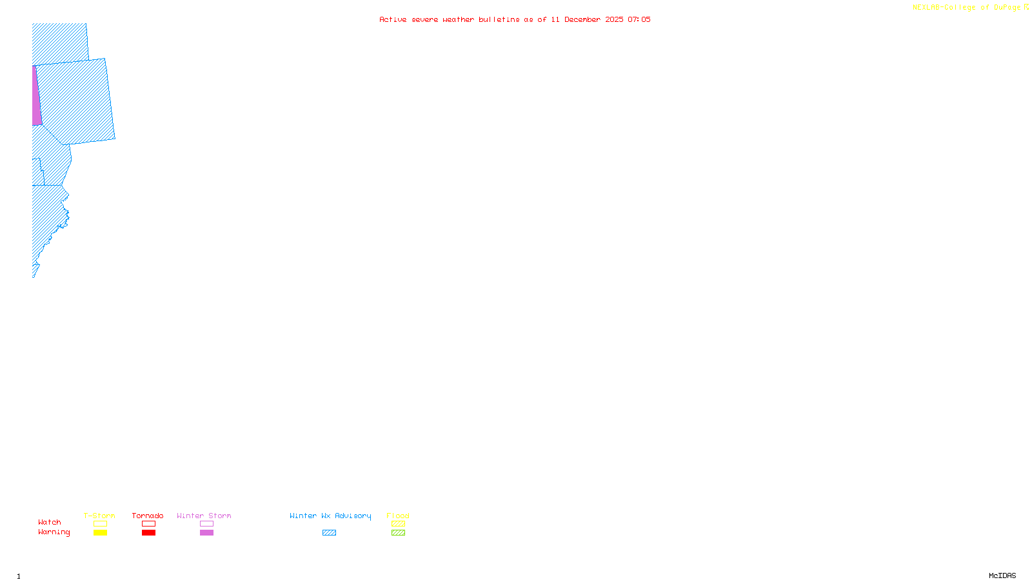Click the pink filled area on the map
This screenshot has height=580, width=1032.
tap(37, 97)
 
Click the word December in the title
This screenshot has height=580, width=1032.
tap(582, 19)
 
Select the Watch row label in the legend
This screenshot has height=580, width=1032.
tap(50, 522)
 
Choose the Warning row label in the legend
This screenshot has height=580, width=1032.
tap(54, 532)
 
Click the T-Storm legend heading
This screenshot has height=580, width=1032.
tap(99, 516)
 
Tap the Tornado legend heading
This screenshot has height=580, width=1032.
tap(148, 516)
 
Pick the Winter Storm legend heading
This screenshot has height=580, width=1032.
tap(204, 516)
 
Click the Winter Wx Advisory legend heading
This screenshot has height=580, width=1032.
tap(330, 516)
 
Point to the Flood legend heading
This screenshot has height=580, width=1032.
tap(398, 516)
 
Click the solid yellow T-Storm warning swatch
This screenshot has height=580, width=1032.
tap(100, 533)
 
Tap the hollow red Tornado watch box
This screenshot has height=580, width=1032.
tap(148, 524)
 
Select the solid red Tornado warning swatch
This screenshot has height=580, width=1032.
tap(148, 533)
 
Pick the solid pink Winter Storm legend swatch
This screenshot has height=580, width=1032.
tap(206, 533)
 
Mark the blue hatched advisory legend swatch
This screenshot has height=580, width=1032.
tap(329, 533)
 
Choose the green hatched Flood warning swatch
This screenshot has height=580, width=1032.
tap(398, 533)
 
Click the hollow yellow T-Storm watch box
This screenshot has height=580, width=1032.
tap(100, 524)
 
